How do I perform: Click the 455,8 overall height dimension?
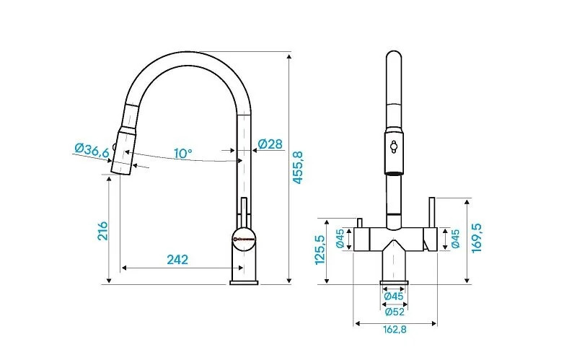298,167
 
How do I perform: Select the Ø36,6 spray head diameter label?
92,149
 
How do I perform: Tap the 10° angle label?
183,154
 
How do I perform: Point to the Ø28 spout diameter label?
270,144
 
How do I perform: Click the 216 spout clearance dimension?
102,231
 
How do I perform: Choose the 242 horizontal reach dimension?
177,260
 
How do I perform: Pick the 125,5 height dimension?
320,250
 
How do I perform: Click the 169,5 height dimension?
477,238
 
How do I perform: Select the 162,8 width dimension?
395,329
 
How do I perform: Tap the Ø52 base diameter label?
395,312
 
